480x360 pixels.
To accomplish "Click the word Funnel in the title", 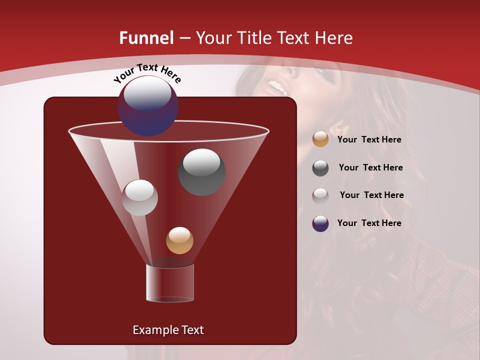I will coord(146,38).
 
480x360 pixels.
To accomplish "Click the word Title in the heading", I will coord(253,38).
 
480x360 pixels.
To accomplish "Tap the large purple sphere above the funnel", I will coord(148,106).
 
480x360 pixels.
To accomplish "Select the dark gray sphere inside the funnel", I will coord(201,172).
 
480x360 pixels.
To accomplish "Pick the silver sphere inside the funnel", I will coord(139,197).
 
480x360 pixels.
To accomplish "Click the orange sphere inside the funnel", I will coord(179,240).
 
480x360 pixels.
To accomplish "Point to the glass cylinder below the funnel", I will coord(169,283).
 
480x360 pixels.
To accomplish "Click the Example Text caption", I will coord(168,330).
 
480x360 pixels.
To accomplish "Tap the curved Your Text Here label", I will coord(147,73).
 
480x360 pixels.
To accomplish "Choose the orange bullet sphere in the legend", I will coord(320,139).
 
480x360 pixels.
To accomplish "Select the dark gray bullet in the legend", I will coord(320,168).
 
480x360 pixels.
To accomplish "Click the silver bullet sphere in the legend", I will coord(320,195).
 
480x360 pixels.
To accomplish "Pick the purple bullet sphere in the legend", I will coord(320,223).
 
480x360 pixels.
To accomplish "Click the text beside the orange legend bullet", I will coord(369,140).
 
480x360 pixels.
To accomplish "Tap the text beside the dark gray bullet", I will coord(370,168).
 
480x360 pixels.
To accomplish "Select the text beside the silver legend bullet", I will coord(371,195).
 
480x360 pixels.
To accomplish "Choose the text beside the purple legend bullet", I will coord(369,223).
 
